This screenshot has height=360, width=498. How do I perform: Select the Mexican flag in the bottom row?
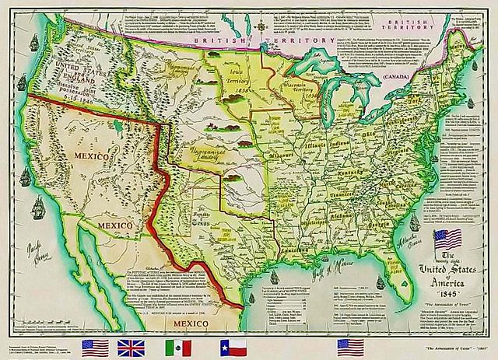point(181,346)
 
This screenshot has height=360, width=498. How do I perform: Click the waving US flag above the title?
point(451,239)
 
